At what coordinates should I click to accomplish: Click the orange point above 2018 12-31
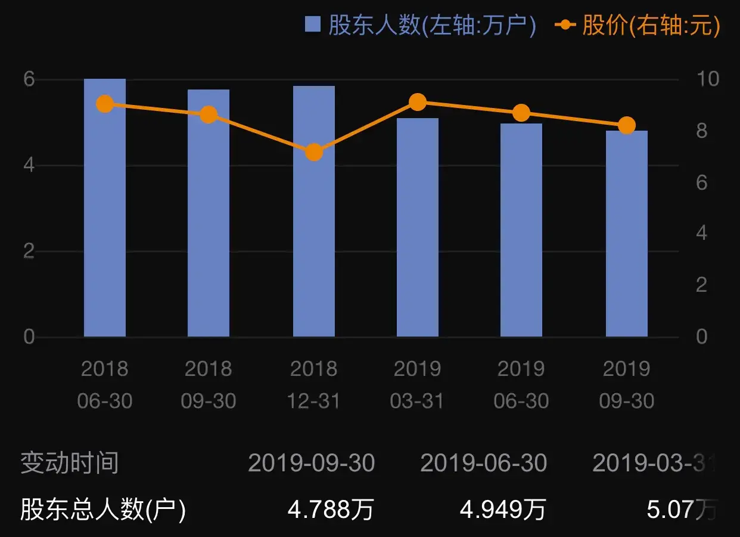pos(314,152)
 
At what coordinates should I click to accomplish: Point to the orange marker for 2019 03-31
pos(418,102)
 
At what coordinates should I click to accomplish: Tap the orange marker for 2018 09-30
pos(209,115)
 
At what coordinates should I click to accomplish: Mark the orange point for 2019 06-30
pos(521,113)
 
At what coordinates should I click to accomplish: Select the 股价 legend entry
pos(638,25)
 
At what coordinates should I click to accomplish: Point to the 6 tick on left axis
pos(29,79)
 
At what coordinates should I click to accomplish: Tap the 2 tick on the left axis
pos(29,251)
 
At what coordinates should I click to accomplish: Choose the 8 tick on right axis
pos(701,130)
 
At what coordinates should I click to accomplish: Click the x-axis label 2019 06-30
pos(521,385)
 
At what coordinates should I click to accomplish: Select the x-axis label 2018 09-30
pos(209,385)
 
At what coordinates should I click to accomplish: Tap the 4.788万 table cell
pos(331,510)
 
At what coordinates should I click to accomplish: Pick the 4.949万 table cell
pos(503,510)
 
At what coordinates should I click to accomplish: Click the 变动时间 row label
pos(70,463)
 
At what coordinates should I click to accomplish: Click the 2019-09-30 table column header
pos(312,463)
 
